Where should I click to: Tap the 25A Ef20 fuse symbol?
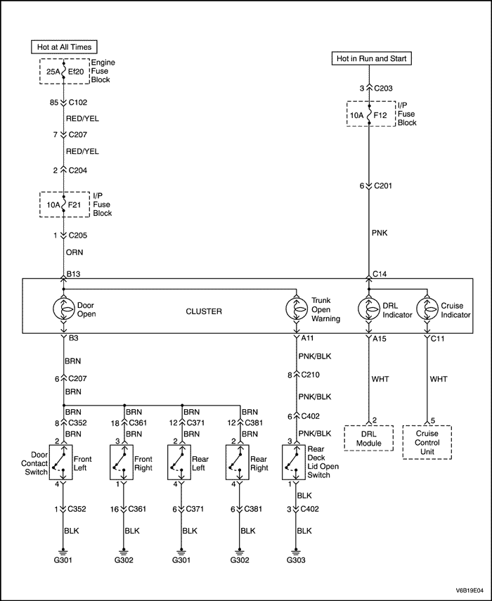coord(64,71)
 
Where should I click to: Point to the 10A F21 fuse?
coord(64,204)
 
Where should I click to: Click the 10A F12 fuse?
coord(370,114)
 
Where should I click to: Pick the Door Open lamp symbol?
coord(64,309)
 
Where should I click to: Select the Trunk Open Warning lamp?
coord(296,309)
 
